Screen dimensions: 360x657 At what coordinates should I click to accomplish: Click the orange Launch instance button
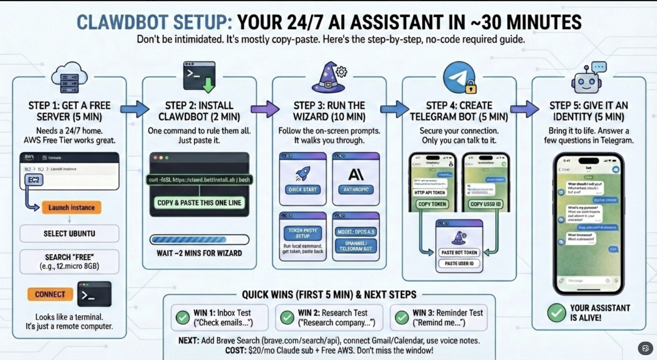pos(72,207)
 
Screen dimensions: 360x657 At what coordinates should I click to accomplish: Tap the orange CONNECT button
pos(50,294)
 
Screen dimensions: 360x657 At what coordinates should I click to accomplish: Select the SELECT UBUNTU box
pos(69,234)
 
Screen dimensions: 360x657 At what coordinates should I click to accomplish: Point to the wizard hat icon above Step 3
pos(328,77)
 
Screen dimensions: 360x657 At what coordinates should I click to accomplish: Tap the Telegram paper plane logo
pos(459,77)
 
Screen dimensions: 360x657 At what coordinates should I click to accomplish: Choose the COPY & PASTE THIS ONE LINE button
pos(200,202)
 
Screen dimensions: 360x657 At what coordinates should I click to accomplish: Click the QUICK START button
pos(302,190)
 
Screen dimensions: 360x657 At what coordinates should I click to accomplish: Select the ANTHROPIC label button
pos(356,190)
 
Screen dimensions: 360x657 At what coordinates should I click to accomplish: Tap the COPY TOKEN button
pos(433,204)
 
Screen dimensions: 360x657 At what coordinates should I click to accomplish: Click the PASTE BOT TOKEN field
pos(459,252)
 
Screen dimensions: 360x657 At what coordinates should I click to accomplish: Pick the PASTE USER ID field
pos(459,264)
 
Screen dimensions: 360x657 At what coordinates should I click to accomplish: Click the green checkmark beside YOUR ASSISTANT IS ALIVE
pos(556,313)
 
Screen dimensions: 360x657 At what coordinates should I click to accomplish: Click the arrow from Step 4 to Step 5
pos(524,109)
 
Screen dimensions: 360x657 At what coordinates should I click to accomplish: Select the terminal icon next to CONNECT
pos(94,294)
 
